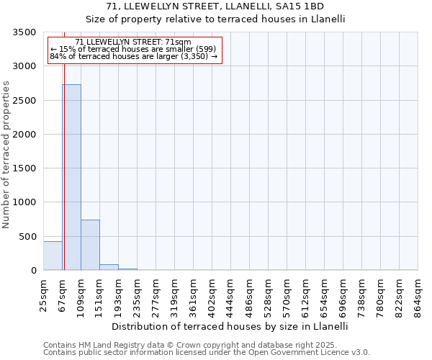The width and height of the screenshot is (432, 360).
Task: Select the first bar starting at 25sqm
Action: pyautogui.click(x=53, y=256)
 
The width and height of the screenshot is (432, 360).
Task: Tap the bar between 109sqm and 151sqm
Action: pyautogui.click(x=90, y=245)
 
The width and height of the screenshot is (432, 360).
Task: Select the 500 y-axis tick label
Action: pyautogui.click(x=28, y=237)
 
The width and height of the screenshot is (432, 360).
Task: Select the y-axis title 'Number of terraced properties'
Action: pyautogui.click(x=6, y=154)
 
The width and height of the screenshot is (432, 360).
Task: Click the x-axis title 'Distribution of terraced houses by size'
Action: pyautogui.click(x=230, y=326)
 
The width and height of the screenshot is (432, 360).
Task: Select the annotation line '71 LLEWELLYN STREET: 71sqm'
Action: pyautogui.click(x=132, y=42)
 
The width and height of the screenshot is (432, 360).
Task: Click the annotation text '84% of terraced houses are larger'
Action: pyautogui.click(x=133, y=56)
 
